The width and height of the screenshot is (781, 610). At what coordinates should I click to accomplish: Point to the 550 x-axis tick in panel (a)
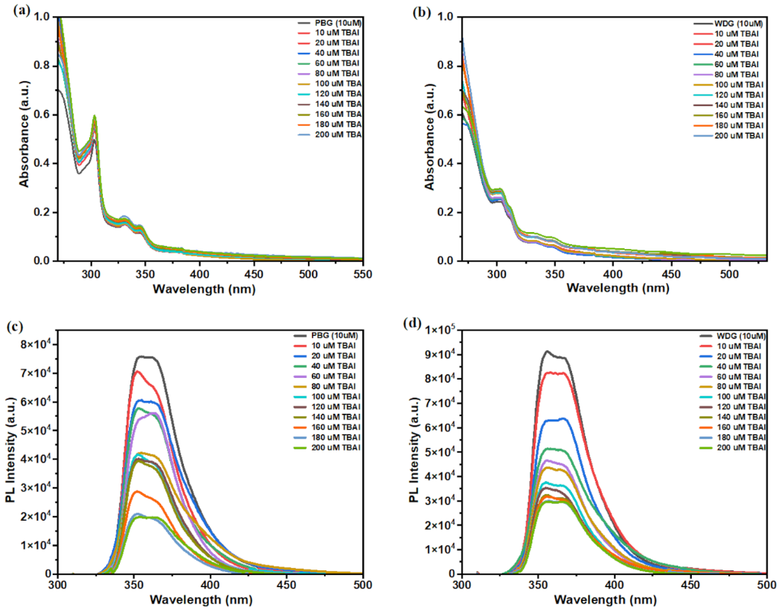[x=362, y=274]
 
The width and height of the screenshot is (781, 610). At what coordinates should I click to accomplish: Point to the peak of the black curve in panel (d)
[x=547, y=351]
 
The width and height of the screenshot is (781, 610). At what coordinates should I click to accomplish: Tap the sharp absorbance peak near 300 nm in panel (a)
[x=95, y=116]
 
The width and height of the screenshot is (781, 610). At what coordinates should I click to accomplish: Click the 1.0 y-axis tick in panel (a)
[x=42, y=17]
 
